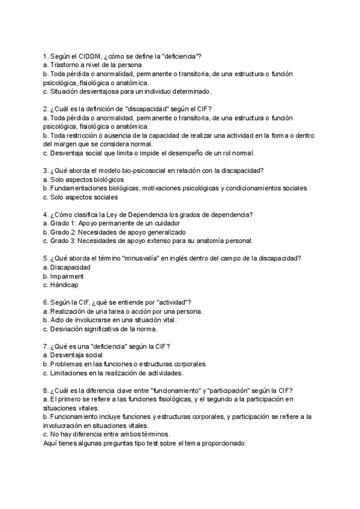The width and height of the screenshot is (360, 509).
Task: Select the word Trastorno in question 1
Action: [x=66, y=65]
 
